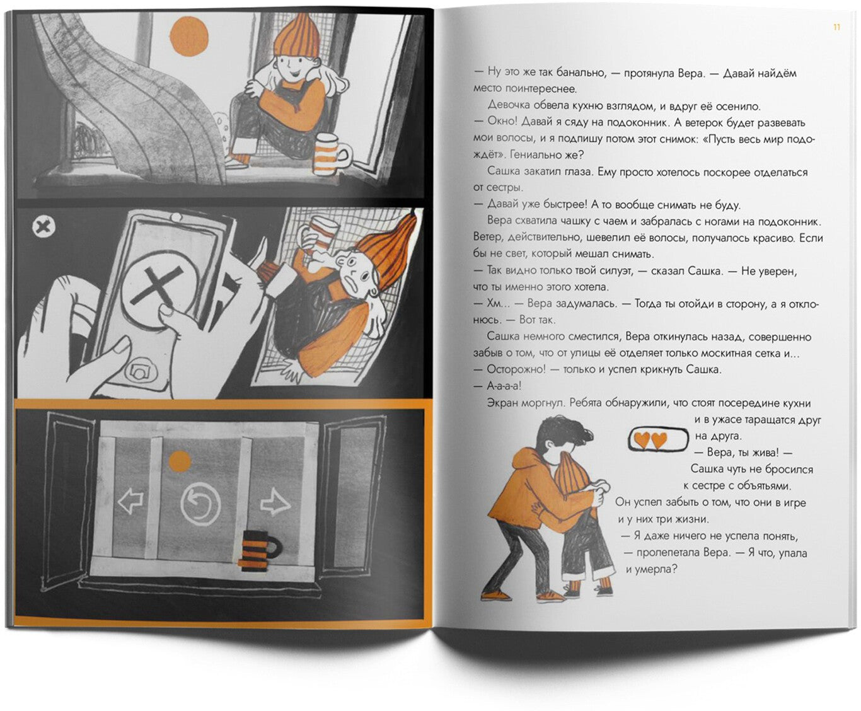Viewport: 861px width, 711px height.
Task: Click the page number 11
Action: pos(836,28)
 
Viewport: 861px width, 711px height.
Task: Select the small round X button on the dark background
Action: pos(43,227)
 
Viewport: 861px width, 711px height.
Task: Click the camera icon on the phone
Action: pos(141,371)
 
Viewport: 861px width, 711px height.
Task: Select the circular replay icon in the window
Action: pos(201,504)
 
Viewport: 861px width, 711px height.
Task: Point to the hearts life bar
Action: pos(657,439)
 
